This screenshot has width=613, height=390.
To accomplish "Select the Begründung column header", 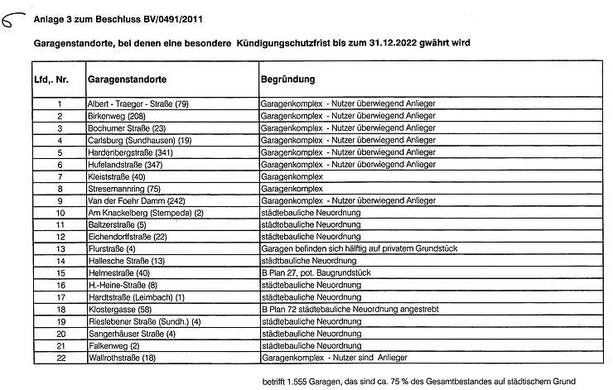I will [x=287, y=80].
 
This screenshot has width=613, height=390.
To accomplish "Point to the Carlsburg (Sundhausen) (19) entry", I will [x=139, y=140].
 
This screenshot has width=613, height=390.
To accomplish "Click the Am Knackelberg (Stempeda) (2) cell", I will [x=145, y=213].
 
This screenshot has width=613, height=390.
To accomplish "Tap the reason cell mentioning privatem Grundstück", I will [x=360, y=248].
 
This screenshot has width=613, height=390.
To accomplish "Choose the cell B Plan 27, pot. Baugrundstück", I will [x=315, y=272].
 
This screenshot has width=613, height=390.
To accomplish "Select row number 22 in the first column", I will [x=60, y=358].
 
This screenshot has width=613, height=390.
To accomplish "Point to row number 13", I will [x=60, y=248].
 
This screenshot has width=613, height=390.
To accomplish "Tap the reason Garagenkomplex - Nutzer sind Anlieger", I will [x=334, y=358].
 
